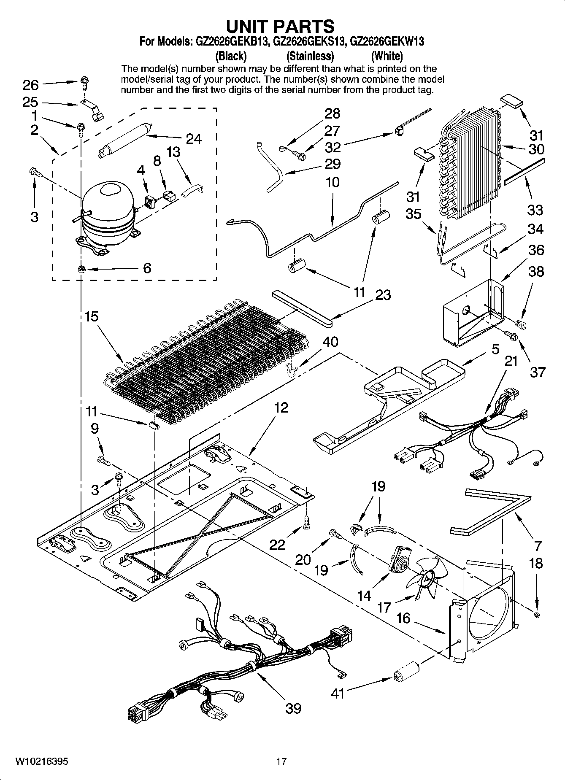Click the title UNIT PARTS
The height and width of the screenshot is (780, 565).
pos(280,26)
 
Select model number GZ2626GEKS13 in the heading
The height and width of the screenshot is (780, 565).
pos(310,42)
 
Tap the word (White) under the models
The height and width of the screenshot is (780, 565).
pos(387,56)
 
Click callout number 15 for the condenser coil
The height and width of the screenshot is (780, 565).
pos(91,316)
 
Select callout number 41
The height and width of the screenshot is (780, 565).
pos(338,693)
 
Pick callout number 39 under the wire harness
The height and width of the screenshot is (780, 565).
pos(293,708)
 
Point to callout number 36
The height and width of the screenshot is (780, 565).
pos(536,250)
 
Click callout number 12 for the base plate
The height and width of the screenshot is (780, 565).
pos(281,407)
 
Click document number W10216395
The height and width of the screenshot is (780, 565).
pos(41,761)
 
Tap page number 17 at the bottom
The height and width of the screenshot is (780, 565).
pos(281,761)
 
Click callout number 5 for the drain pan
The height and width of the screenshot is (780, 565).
pos(495,349)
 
